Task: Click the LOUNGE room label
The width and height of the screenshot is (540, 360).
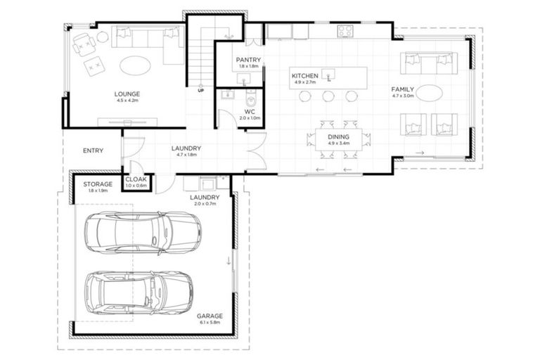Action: coord(127,94)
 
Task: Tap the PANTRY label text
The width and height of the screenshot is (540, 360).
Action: coord(248,60)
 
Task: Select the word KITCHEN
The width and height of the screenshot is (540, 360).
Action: coord(305,75)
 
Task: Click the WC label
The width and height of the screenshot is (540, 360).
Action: coord(249,111)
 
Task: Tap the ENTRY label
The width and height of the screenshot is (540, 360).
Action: coord(93,150)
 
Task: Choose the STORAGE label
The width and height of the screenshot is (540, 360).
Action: coord(98,184)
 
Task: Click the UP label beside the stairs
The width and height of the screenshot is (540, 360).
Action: coord(200,91)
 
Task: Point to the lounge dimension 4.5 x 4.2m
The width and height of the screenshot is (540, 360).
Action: coord(127,101)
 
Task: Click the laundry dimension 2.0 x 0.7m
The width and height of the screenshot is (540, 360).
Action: coord(205,205)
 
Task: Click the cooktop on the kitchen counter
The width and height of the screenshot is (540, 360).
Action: coord(345,31)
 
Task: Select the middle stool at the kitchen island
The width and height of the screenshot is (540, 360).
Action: coord(328,96)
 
